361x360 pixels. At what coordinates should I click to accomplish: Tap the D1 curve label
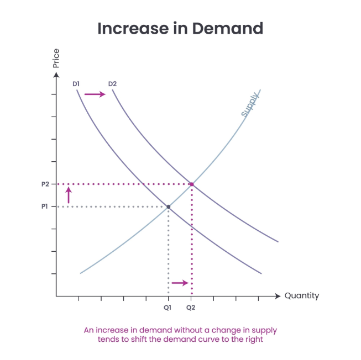76,84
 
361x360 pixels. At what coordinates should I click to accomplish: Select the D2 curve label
113,84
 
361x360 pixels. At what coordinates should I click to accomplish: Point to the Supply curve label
250,105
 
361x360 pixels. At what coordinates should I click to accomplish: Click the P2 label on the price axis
45,184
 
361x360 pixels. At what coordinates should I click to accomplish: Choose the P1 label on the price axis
45,207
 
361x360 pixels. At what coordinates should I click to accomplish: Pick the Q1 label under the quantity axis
168,306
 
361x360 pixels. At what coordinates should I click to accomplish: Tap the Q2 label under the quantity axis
191,306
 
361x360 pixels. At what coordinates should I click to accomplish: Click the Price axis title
56,59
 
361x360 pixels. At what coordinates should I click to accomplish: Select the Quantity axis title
302,296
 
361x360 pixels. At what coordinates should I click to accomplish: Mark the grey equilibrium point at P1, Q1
168,207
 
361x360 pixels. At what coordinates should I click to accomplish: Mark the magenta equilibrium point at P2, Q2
191,184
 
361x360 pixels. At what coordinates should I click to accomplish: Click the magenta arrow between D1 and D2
95,94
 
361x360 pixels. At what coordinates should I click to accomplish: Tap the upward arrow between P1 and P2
69,195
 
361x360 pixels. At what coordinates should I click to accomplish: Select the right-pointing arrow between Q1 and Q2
180,283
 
